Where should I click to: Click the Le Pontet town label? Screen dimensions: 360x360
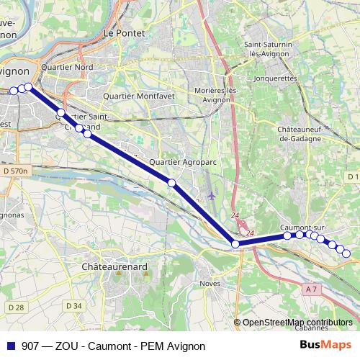(x=120, y=32)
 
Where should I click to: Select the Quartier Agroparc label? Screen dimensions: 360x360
(x=183, y=163)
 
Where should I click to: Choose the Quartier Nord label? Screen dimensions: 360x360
(x=68, y=68)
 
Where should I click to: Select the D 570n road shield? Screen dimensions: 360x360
(x=14, y=171)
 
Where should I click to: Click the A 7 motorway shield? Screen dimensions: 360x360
(x=311, y=289)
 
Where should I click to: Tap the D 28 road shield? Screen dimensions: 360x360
(x=15, y=307)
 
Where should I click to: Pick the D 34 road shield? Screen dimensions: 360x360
(x=74, y=306)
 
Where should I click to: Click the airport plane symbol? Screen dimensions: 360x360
(x=210, y=195)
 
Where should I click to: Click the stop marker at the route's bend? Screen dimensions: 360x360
(x=235, y=245)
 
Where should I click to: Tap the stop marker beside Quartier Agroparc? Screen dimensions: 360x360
(x=171, y=183)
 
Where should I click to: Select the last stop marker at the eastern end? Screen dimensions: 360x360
(x=346, y=253)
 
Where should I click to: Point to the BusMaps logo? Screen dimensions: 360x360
(x=326, y=345)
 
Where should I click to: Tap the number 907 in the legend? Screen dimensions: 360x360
(x=31, y=346)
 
